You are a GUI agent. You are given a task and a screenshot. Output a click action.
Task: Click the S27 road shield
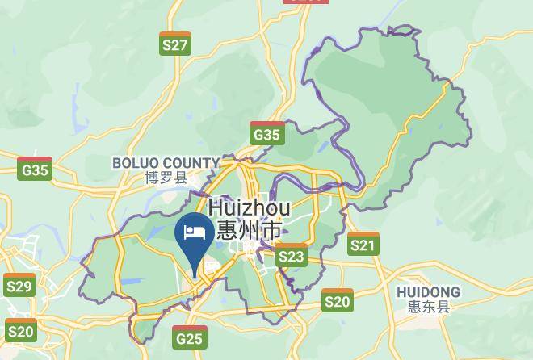[175, 44]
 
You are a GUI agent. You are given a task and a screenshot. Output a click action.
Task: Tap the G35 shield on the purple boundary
[266, 134]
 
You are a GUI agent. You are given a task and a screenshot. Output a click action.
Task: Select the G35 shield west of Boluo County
[36, 169]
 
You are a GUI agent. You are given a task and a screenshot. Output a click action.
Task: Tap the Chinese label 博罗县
[166, 178]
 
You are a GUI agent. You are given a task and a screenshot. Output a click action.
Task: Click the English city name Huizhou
[250, 208]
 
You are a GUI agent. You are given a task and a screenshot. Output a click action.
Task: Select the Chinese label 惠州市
[250, 230]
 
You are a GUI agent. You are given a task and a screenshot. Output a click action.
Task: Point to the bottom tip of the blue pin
[194, 274]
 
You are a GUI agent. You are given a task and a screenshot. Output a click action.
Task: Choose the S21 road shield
[363, 244]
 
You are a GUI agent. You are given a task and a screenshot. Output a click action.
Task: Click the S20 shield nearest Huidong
[338, 301]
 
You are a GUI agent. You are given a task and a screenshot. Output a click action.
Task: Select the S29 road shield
[19, 285]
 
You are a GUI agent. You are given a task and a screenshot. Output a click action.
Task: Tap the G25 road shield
[189, 337]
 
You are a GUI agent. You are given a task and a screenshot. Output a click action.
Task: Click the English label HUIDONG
[429, 291]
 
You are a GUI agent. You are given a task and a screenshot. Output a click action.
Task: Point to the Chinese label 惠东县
[429, 307]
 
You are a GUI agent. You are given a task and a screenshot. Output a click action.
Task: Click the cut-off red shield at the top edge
[307, 2]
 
